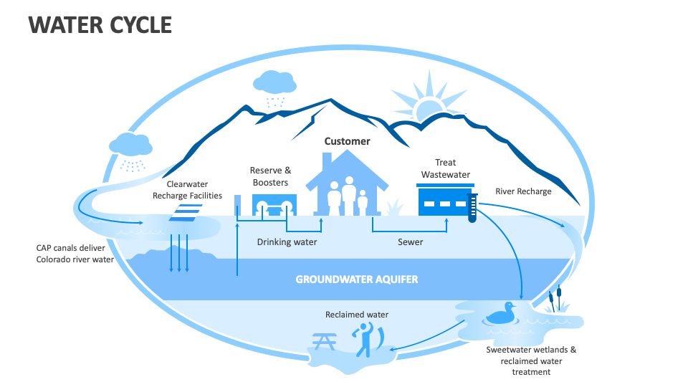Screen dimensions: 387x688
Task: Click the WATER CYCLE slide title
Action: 100,24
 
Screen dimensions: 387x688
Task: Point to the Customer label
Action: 347,141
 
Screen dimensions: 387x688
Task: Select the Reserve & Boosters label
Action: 270,176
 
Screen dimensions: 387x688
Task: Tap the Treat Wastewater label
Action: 445,168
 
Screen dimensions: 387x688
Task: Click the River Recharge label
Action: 523,191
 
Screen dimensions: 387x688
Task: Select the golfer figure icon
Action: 366,339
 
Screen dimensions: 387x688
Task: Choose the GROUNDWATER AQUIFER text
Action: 356,279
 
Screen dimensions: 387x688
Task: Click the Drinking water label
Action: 287,242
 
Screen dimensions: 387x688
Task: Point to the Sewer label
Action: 410,242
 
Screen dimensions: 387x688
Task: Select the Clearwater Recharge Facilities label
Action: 187,190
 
